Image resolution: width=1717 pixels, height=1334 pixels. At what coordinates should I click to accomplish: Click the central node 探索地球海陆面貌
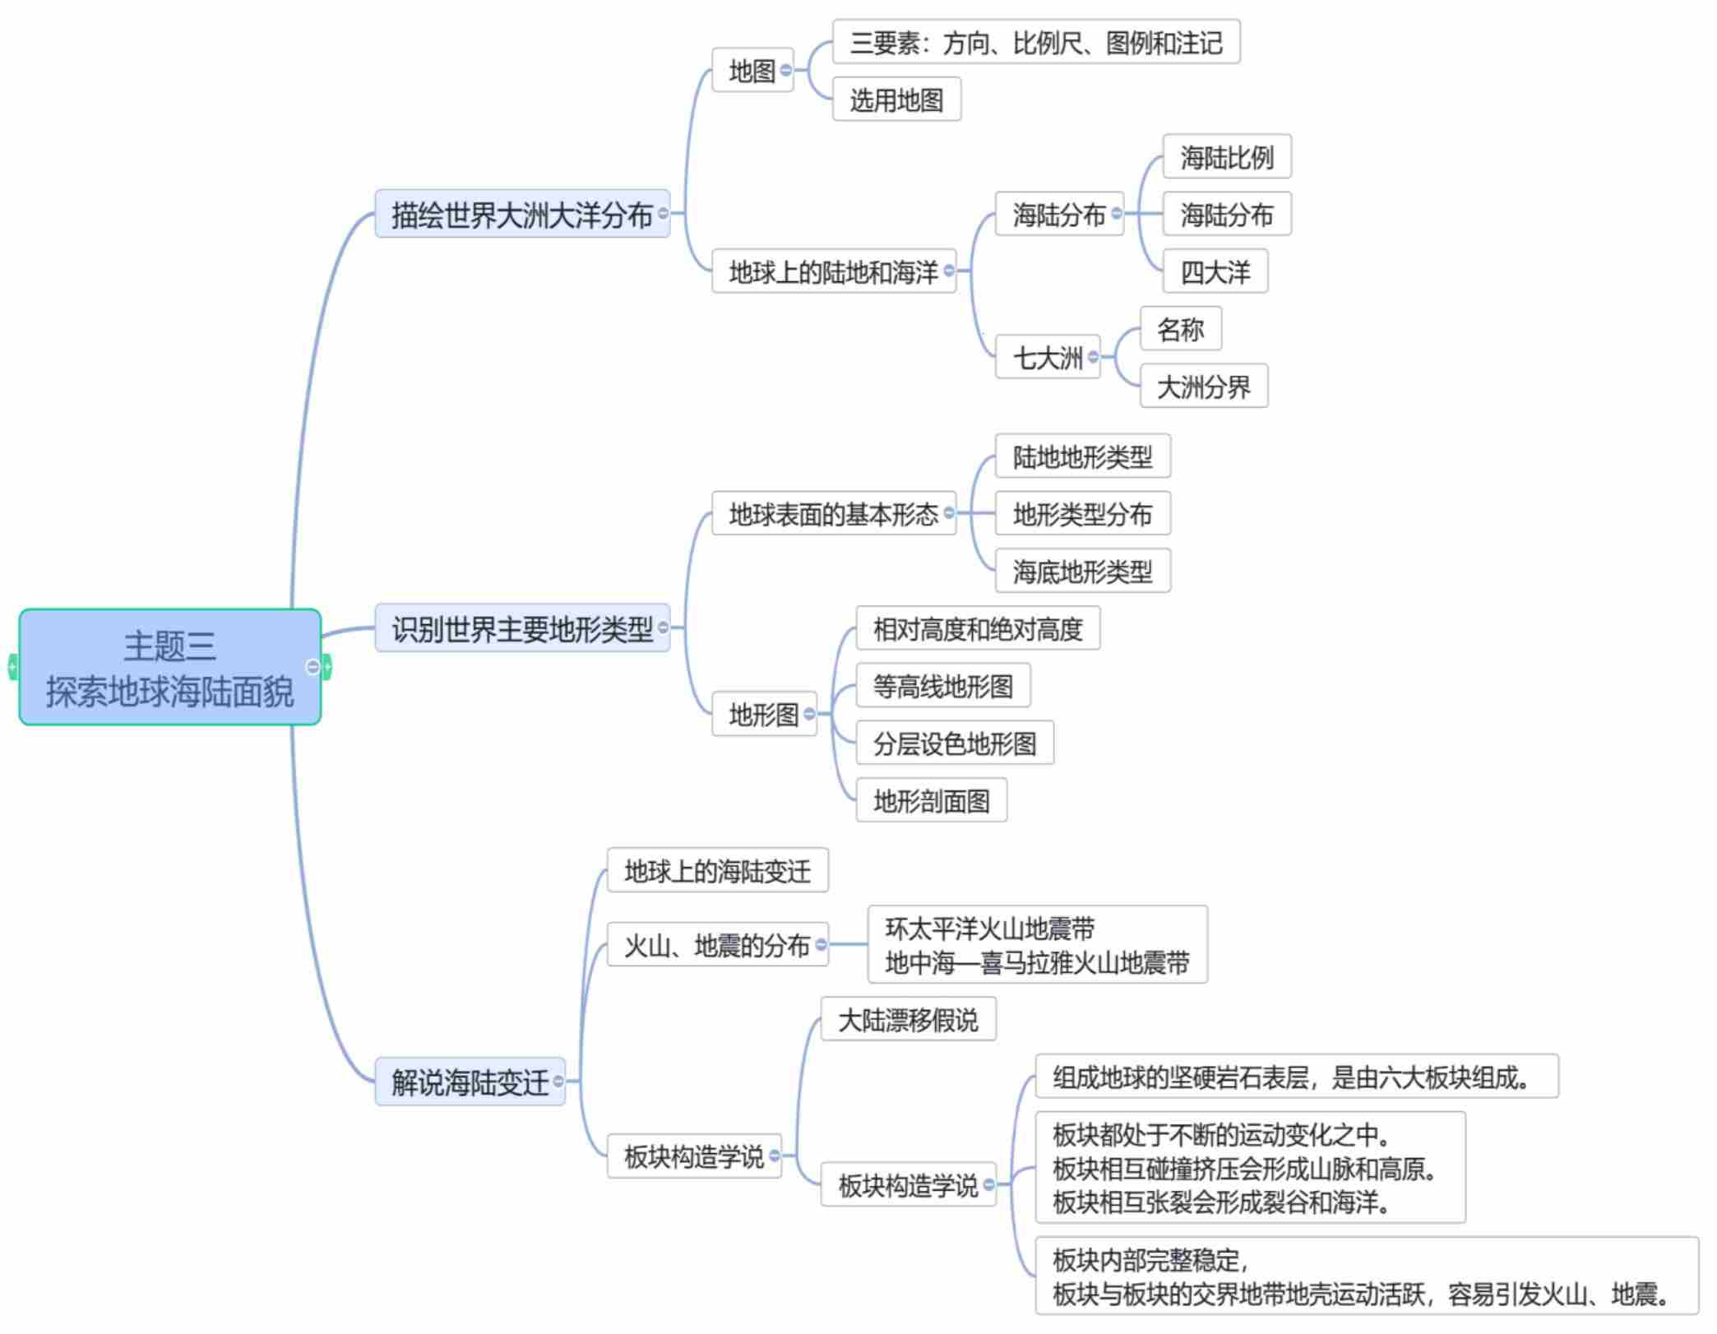click(x=169, y=667)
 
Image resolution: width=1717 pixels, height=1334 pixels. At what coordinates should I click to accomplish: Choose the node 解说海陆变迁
click(x=469, y=1082)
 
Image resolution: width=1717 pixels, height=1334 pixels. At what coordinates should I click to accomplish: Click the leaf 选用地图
click(x=896, y=100)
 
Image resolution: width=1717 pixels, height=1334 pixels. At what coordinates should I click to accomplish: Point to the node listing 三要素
click(x=1035, y=43)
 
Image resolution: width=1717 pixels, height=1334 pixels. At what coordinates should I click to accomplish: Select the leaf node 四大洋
click(x=1215, y=271)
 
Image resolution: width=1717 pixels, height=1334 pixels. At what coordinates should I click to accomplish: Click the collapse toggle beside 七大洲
click(x=1093, y=357)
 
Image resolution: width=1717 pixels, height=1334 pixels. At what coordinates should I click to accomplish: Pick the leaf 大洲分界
click(x=1203, y=387)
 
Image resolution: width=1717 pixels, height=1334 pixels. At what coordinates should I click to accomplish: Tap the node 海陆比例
click(x=1226, y=157)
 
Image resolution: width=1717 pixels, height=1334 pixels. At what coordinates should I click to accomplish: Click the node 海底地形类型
click(x=1082, y=572)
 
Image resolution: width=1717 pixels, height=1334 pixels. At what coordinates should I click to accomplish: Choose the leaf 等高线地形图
click(x=942, y=686)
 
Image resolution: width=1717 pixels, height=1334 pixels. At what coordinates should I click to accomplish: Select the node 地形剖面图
click(x=931, y=800)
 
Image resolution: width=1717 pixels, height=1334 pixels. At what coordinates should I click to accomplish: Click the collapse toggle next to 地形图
click(x=809, y=714)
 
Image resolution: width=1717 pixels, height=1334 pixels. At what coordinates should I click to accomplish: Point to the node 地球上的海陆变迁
click(x=717, y=871)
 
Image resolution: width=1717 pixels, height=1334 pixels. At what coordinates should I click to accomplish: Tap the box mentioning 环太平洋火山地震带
click(x=1037, y=945)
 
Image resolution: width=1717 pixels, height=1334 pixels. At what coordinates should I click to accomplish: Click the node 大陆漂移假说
click(x=908, y=1020)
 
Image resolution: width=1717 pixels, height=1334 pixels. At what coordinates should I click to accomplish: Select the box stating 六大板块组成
click(x=1296, y=1077)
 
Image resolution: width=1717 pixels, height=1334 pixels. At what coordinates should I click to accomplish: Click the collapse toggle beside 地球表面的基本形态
click(x=949, y=513)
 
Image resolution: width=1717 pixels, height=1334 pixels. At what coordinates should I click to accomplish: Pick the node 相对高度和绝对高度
click(x=977, y=629)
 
